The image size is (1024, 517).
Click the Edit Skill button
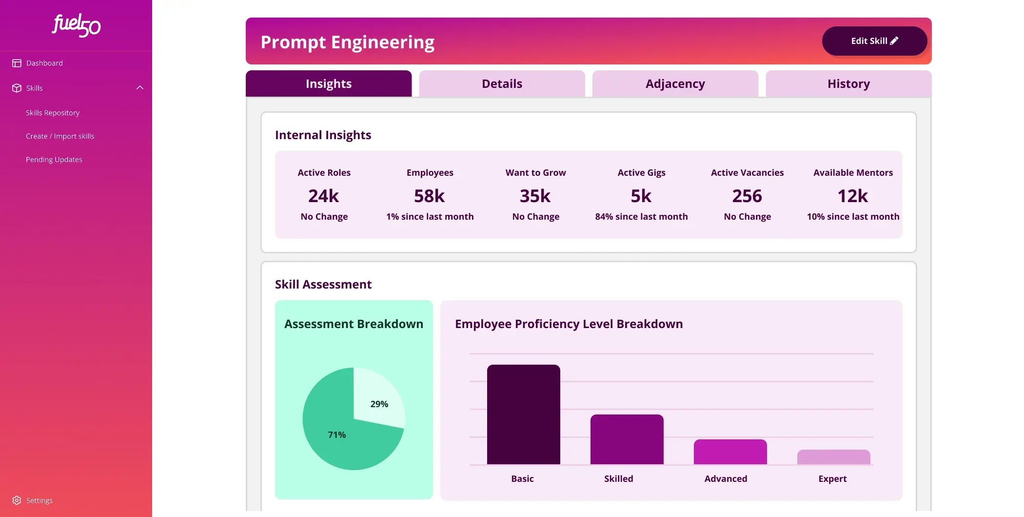[x=874, y=41]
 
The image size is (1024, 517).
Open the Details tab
[x=502, y=83]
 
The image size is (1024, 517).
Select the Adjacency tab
[x=675, y=83]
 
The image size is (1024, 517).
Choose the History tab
[x=848, y=83]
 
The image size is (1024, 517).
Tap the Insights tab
[x=329, y=83]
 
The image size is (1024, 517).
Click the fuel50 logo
[x=76, y=25]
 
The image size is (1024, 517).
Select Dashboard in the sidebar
[x=44, y=63]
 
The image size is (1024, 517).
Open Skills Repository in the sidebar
[x=53, y=113]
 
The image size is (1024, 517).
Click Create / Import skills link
[x=60, y=136]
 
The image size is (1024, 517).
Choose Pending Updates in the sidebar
[x=54, y=160]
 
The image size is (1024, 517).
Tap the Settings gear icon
[x=17, y=500]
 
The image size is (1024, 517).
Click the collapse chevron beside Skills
[x=140, y=88]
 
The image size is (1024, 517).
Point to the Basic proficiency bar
[x=524, y=414]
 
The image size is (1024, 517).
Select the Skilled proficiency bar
[x=627, y=439]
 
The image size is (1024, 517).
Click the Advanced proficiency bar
[x=730, y=452]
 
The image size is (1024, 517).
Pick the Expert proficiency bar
[x=834, y=457]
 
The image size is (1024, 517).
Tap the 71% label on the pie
[x=337, y=434]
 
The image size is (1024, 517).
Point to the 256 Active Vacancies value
[x=747, y=196]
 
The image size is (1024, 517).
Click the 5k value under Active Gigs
[x=641, y=196]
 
